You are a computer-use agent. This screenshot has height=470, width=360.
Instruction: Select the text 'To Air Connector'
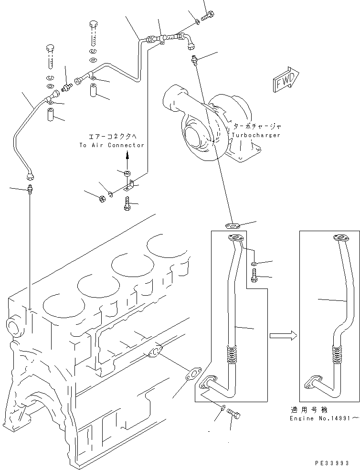pos(112,145)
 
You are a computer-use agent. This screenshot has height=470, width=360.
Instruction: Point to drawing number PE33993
pos(333,463)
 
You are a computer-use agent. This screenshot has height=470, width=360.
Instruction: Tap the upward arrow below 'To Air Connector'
pos(127,158)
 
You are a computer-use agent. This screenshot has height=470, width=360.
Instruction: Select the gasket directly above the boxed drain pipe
pos(233,226)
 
